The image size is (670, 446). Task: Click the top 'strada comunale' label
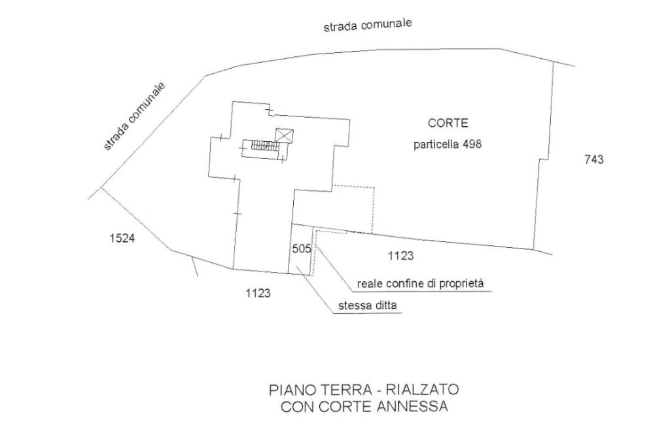click(367, 25)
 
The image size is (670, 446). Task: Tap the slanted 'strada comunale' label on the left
click(134, 116)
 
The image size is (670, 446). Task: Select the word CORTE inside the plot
click(448, 123)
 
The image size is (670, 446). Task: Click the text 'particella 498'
click(447, 145)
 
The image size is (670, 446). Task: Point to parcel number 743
click(593, 160)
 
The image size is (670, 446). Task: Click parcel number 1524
click(122, 239)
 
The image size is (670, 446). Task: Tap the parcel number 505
click(302, 249)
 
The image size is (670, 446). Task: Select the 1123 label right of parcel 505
click(400, 256)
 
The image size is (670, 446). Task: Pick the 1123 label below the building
click(258, 293)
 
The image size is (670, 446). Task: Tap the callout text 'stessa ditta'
click(368, 305)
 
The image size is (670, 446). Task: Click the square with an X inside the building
click(285, 135)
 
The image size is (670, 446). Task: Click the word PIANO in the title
click(285, 390)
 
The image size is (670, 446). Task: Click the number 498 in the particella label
click(472, 145)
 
